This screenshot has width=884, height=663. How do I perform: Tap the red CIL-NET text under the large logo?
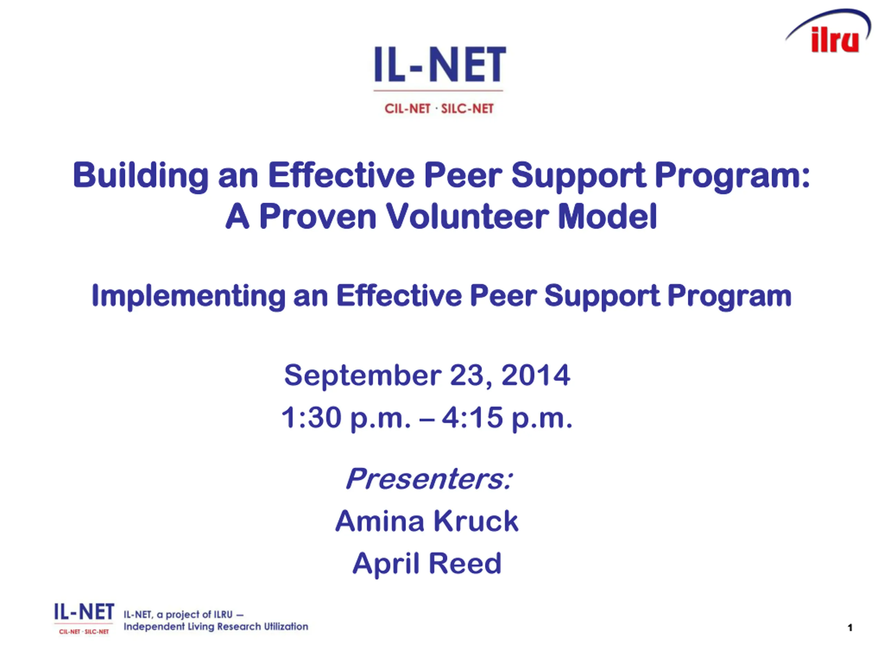407,109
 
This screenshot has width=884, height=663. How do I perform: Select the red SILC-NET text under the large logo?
467,109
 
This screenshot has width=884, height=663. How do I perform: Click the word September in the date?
363,376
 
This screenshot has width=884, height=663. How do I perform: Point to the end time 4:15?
472,417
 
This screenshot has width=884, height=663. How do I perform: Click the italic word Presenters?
429,478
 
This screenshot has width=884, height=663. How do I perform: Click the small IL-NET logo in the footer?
84,618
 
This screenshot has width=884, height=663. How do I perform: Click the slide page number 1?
850,628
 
